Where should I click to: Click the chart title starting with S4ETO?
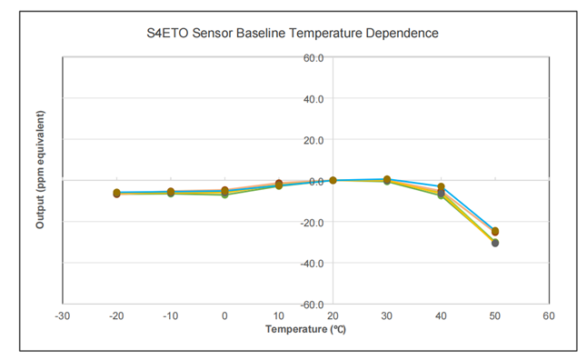coord(293,34)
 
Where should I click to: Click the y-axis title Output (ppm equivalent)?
coord(40,169)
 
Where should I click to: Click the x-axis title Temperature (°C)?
coord(305,328)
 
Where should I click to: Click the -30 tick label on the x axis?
coord(62,316)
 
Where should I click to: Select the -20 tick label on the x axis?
coord(116,316)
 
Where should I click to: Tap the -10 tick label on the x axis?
coord(170,316)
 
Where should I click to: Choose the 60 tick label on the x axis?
coord(549,316)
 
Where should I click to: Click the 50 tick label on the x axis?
coord(495,316)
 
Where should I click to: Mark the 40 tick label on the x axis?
coord(441,316)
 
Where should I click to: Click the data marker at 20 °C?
coord(333,180)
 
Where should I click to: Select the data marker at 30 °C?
coord(387,180)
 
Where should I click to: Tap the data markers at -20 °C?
coord(116,193)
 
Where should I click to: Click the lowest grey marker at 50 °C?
coord(495,243)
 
